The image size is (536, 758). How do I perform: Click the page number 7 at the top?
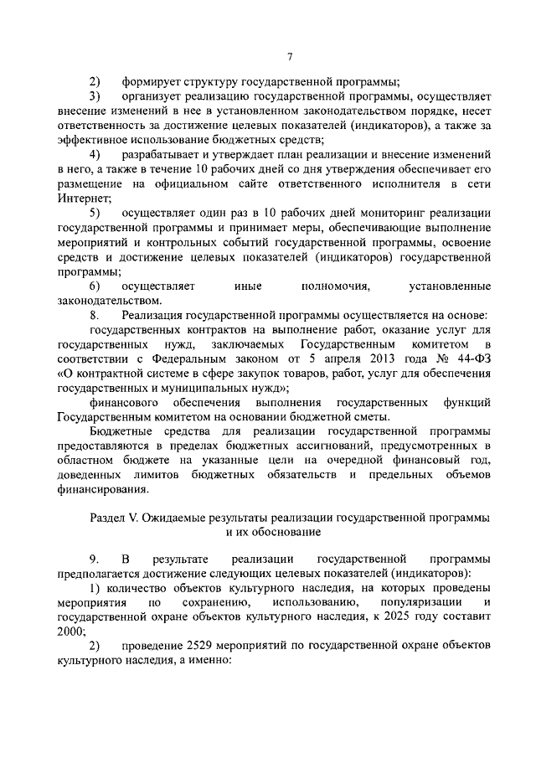pyautogui.click(x=289, y=57)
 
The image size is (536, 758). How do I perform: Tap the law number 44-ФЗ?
pyautogui.click(x=473, y=359)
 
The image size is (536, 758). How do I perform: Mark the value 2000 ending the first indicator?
pyautogui.click(x=71, y=632)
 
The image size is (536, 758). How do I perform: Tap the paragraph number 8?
pyautogui.click(x=94, y=315)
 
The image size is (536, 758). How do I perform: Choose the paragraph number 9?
pyautogui.click(x=94, y=559)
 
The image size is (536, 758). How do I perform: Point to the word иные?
pyautogui.click(x=248, y=286)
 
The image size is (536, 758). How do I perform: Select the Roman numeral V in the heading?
pyautogui.click(x=132, y=518)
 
